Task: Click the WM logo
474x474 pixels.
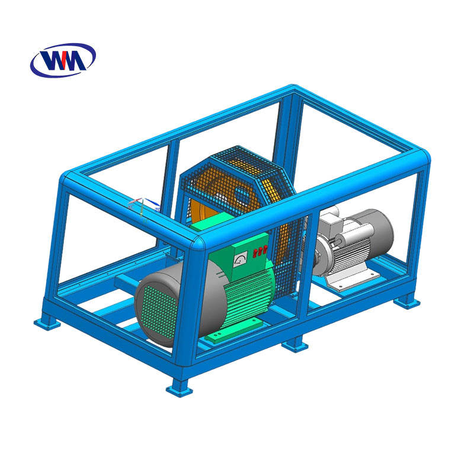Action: pos(63,60)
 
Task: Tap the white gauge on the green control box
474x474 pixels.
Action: pos(241,259)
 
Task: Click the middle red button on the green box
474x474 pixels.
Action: pos(260,251)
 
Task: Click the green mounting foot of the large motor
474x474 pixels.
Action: pos(234,330)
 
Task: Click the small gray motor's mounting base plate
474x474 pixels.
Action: pos(353,278)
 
